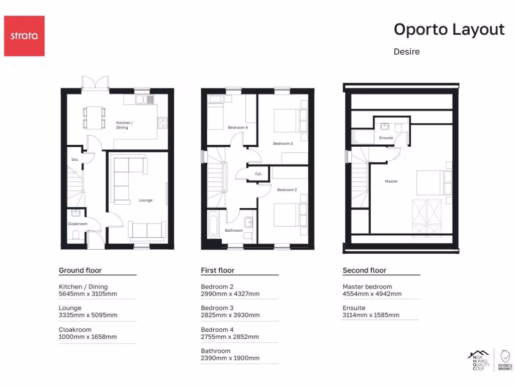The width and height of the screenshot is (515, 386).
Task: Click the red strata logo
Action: pos(24,36)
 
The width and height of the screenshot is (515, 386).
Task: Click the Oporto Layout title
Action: pos(449,30)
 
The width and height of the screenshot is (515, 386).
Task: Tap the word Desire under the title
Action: pos(406,51)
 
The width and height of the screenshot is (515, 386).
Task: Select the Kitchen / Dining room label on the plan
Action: pos(125,125)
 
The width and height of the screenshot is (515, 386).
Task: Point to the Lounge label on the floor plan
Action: pos(145,200)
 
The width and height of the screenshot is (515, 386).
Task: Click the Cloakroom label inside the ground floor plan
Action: pos(77,224)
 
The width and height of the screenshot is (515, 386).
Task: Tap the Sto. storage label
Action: pos(74,160)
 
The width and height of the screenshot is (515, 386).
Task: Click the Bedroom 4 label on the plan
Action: pos(237,128)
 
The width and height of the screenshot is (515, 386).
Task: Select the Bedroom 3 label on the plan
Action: pos(283,143)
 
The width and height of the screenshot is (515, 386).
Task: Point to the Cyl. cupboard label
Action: pos(259,174)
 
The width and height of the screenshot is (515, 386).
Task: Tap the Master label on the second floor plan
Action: pos(391,181)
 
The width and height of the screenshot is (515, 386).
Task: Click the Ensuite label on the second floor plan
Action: pos(386,137)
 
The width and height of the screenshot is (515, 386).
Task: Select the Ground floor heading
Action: pos(80,270)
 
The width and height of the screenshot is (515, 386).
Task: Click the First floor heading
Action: pos(217,270)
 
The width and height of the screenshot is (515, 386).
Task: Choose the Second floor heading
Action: pos(364,270)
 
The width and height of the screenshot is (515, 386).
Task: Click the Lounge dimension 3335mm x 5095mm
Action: pos(88,315)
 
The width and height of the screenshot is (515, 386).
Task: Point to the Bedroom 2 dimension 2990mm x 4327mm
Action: pos(230,294)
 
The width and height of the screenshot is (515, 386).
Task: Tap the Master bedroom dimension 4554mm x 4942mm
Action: pos(372,294)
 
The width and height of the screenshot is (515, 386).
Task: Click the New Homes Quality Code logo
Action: pos(478,360)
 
